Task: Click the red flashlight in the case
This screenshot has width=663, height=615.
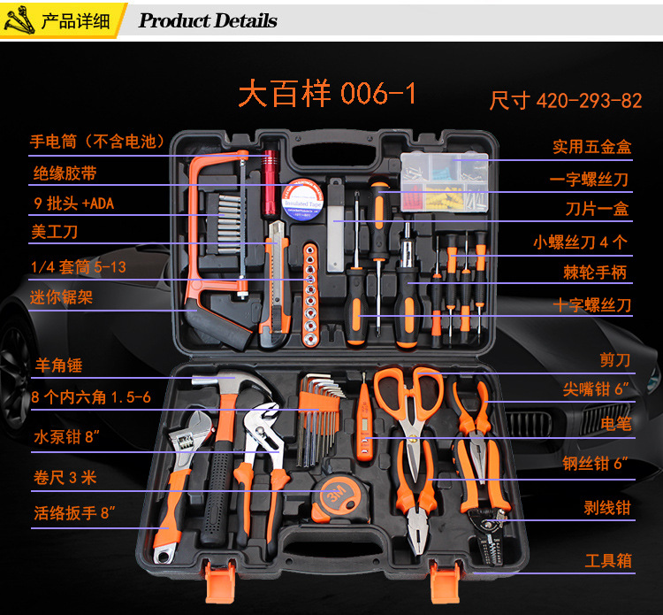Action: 270,183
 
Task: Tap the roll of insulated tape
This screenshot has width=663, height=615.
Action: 302,199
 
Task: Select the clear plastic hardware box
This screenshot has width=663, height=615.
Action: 445,182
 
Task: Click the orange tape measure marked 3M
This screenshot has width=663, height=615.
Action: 339,498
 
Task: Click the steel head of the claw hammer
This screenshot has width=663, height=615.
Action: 232,384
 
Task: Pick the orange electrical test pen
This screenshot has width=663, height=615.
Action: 363,423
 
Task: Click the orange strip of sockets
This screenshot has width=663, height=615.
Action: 310,295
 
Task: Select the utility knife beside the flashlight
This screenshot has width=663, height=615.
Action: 275,283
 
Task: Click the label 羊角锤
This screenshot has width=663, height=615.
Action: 58,365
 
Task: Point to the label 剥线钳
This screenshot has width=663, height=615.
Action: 607,507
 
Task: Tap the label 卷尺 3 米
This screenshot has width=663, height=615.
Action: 65,478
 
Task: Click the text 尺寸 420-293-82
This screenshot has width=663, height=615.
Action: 566,101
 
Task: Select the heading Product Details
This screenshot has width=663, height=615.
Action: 208,20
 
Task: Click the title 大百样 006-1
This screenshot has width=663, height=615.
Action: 327,93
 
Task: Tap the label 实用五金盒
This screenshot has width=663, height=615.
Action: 592,146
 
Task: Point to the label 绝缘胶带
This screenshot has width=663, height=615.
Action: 65,173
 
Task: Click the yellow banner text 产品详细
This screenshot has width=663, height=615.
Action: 75,20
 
